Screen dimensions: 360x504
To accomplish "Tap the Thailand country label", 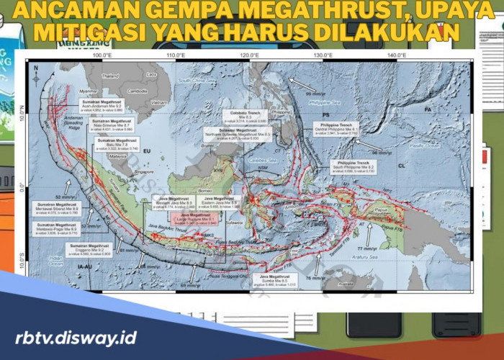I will coord(110,76).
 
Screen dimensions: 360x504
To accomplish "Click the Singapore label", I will coord(144,172).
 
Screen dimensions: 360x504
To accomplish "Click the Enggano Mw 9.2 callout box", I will coord(90,249).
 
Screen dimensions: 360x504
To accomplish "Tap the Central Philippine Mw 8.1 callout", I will coord(336,129).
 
